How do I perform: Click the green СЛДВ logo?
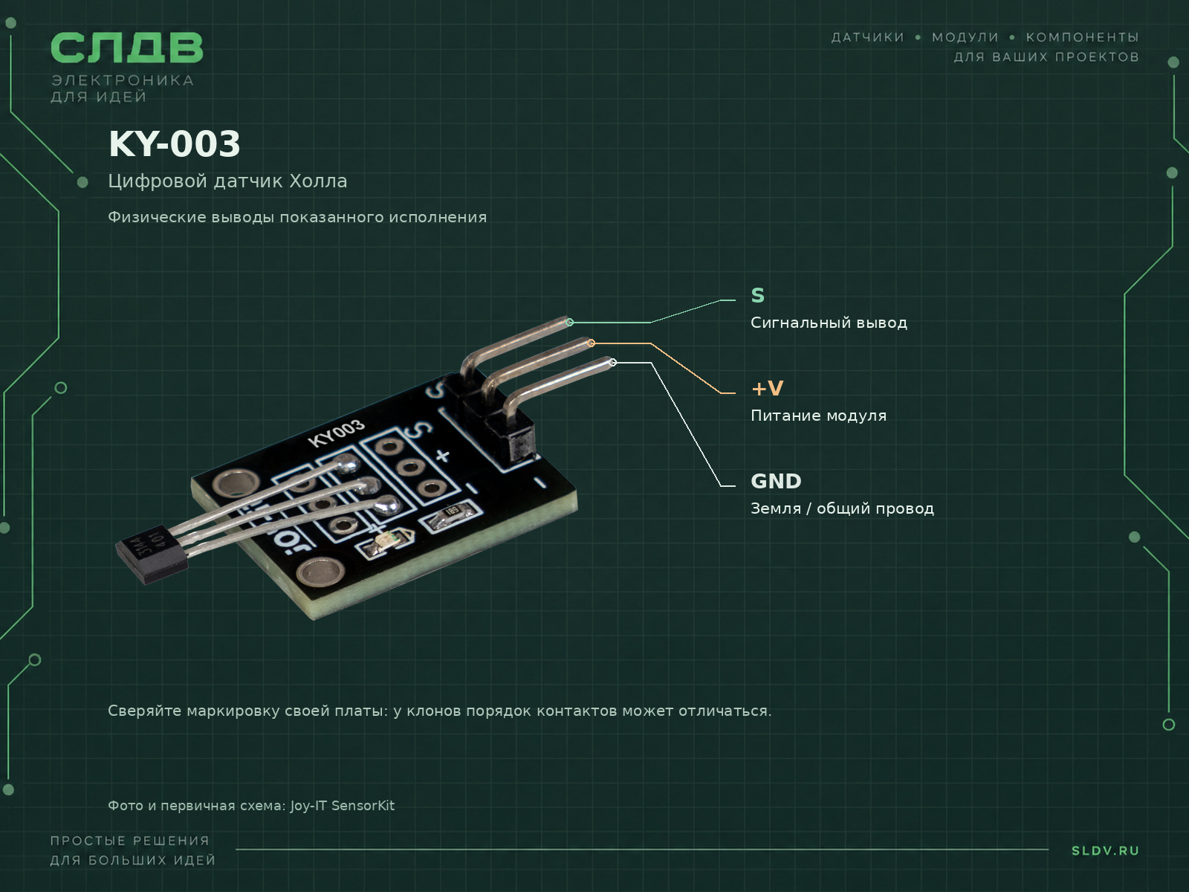tap(127, 47)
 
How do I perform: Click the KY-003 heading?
tap(175, 144)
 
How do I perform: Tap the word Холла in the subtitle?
tap(318, 181)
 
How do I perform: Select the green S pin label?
tap(757, 295)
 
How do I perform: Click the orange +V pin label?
tap(767, 388)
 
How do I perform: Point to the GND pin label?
tap(776, 481)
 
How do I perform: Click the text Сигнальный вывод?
tap(829, 323)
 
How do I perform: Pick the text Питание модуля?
tap(818, 416)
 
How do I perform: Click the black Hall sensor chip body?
tap(152, 554)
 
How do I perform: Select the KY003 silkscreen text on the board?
tap(336, 433)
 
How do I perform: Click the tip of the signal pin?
tap(569, 323)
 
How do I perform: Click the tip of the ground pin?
tap(612, 362)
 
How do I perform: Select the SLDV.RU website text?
tap(1105, 851)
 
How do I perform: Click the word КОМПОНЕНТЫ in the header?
tap(1082, 37)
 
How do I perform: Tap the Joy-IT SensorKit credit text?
tap(343, 806)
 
